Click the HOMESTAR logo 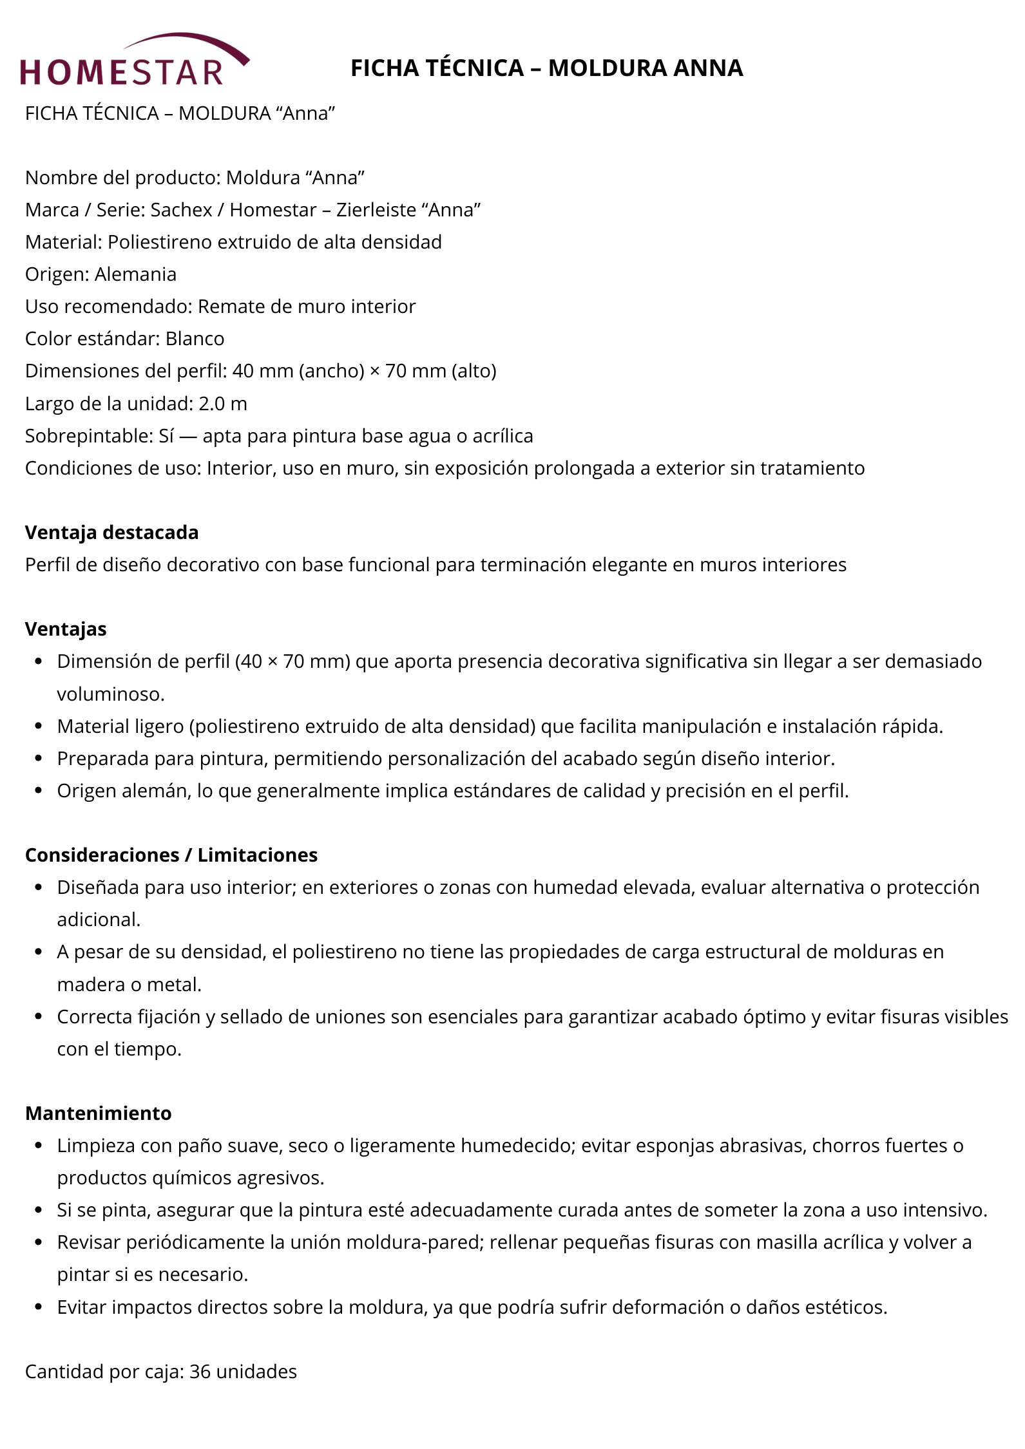pos(133,62)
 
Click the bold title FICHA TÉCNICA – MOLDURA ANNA pos(546,68)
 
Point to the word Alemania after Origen pos(135,274)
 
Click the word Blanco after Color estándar pos(195,339)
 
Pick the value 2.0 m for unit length pos(223,404)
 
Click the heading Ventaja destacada pos(111,533)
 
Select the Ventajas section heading pos(66,629)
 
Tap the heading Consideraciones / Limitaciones pos(171,855)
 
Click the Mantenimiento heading pos(98,1113)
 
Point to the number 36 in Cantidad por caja pos(200,1372)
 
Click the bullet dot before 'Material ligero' pos(39,726)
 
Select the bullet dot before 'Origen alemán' pos(39,791)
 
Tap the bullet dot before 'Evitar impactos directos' pos(39,1307)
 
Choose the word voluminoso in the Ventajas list pos(110,694)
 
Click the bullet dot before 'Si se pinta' pos(39,1210)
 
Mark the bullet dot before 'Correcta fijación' pos(39,1017)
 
